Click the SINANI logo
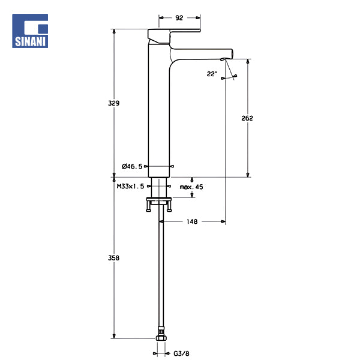point(30,31)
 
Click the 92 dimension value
point(179,18)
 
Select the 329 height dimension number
point(113,103)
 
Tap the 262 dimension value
point(247,118)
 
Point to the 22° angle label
point(212,74)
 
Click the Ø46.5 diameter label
point(132,166)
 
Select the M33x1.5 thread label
point(130,186)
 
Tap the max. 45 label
point(191,187)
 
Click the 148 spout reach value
point(192,221)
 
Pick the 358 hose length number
point(113,258)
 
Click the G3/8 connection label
point(181,353)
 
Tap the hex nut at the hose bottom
point(161,338)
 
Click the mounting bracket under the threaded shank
point(159,204)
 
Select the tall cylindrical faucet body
point(159,110)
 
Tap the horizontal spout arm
point(201,54)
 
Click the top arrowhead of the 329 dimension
point(114,31)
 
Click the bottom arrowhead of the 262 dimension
point(248,175)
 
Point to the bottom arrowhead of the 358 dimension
point(114,336)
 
